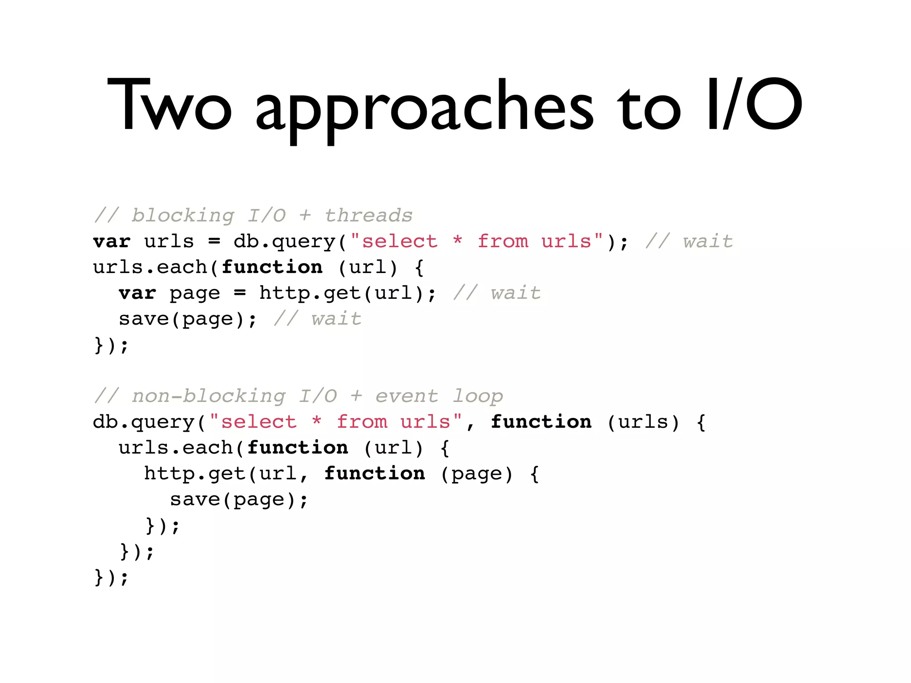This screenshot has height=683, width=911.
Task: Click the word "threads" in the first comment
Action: (368, 216)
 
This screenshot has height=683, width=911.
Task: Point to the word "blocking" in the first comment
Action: (183, 216)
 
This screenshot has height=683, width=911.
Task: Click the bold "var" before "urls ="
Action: (112, 241)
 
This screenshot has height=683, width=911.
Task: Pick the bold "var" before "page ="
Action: (137, 293)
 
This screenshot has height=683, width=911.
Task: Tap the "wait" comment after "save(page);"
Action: (336, 319)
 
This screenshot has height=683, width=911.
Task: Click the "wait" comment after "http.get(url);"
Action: (516, 293)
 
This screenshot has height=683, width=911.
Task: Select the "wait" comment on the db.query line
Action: (708, 241)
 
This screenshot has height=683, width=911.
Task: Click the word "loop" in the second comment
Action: (478, 396)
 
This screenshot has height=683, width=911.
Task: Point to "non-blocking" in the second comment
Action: (209, 396)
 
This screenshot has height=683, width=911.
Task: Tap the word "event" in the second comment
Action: (407, 396)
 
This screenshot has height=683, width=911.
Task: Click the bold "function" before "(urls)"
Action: (541, 422)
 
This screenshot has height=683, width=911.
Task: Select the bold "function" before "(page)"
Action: (375, 473)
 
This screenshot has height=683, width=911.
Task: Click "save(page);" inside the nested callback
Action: (239, 499)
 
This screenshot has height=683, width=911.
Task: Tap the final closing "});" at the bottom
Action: (111, 577)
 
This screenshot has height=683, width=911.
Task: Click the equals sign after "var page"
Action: (240, 293)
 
